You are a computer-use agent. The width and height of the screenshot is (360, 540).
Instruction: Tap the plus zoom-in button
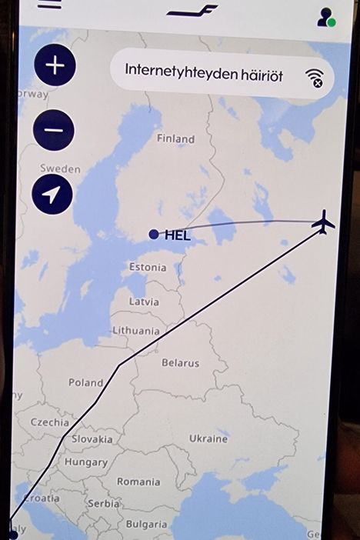(x=55, y=65)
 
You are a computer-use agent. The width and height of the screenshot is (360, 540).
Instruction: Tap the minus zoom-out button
(x=54, y=129)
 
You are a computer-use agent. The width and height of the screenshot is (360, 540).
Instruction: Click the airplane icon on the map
(x=324, y=222)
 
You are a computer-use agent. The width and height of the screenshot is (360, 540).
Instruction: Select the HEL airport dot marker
(x=154, y=234)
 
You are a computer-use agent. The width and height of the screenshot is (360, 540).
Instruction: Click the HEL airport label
(x=177, y=235)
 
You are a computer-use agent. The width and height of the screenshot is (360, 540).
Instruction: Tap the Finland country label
(x=175, y=139)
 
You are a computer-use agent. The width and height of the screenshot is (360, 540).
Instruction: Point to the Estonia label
(x=147, y=267)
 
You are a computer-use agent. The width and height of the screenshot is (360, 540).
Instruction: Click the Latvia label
(x=144, y=302)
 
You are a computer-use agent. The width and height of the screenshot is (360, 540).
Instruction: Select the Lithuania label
(x=136, y=331)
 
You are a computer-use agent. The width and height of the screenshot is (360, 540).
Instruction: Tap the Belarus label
(x=180, y=363)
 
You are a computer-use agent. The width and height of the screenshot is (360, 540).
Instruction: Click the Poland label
(x=85, y=382)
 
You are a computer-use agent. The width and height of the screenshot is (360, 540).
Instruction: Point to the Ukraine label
(x=208, y=438)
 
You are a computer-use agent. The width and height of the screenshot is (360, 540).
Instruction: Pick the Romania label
(x=138, y=482)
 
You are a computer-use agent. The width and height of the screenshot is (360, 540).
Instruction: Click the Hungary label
(x=85, y=462)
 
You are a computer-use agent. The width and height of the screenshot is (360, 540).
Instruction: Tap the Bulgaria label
(x=146, y=524)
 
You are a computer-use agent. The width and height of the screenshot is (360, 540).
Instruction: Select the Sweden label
(x=60, y=168)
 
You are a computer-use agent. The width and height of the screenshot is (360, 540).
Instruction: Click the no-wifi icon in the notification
(x=314, y=76)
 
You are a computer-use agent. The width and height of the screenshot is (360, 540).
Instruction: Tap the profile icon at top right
(x=325, y=17)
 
